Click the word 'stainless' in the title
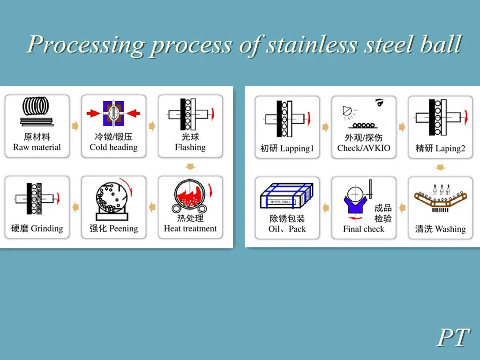click(310, 45)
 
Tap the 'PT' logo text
click(453, 337)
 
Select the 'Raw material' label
click(37, 147)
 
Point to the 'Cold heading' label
click(113, 147)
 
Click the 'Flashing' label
click(190, 147)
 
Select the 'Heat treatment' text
click(190, 229)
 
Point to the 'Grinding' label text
click(47, 229)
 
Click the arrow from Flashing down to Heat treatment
click(190, 166)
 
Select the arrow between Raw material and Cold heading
click(75, 126)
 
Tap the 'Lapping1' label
click(297, 149)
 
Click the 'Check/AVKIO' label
click(364, 149)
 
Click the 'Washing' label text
click(450, 229)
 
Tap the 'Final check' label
click(364, 229)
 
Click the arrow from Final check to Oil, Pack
click(326, 207)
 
